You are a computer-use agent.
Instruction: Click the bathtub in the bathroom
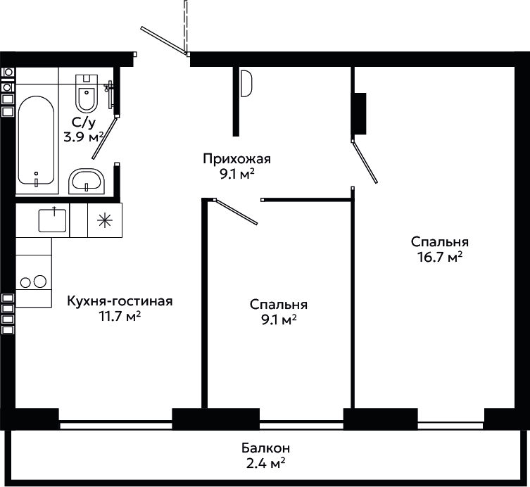tap(36, 140)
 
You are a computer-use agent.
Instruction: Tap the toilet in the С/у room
tap(87, 94)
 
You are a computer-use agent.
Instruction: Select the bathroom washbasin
tap(87, 181)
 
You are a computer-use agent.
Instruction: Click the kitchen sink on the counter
tap(52, 220)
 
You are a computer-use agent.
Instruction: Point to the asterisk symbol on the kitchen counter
tap(105, 220)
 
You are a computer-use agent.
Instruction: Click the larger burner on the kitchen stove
tap(40, 282)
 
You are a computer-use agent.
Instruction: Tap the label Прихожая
tap(237, 158)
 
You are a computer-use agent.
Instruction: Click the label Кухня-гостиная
tap(120, 301)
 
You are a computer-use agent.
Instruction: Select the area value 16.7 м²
tap(440, 257)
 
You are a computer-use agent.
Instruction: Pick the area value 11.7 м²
tap(120, 316)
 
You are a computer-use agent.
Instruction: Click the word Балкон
tap(265, 448)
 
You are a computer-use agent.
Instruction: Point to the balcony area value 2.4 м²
tap(265, 463)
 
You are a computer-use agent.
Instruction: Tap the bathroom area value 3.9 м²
tap(84, 137)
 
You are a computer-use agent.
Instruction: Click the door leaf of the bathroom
tap(105, 138)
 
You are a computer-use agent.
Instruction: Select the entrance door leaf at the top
tap(163, 41)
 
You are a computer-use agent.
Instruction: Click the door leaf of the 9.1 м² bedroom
tap(236, 212)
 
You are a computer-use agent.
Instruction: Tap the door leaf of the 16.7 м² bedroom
tap(365, 163)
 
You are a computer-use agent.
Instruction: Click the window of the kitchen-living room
tap(115, 424)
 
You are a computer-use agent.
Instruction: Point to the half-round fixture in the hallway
tap(246, 83)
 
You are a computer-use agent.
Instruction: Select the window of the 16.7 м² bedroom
tap(450, 425)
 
